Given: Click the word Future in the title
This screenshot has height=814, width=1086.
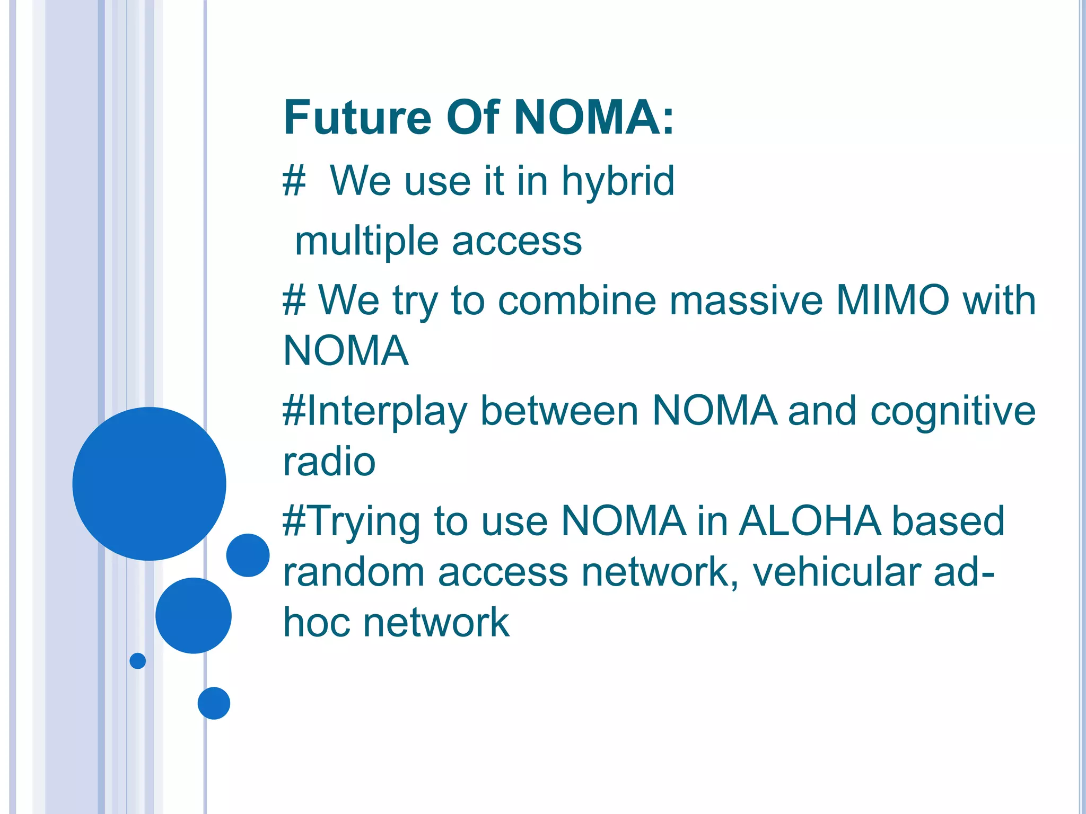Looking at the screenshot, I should coord(357,118).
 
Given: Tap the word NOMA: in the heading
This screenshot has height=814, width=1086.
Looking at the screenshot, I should coord(594,118).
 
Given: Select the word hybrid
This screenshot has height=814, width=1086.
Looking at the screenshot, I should coord(618,181).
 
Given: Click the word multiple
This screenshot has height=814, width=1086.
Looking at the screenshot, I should coord(366,242).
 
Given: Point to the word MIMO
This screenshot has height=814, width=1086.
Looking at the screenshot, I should coord(892,300).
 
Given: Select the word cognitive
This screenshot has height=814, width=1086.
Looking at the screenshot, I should coord(953,411).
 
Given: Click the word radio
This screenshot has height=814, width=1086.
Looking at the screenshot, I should coord(329,462).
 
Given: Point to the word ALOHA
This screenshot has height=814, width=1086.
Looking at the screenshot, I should coord(809,521).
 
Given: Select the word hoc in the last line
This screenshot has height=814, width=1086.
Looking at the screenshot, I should coord(316,622).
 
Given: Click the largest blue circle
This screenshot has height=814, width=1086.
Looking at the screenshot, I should coord(150,483).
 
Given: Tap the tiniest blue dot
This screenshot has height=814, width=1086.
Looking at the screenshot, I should coord(137,661).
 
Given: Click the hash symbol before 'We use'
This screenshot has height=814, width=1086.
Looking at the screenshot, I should coord(294,181).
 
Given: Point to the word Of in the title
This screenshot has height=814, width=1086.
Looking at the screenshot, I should coord(472,118).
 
